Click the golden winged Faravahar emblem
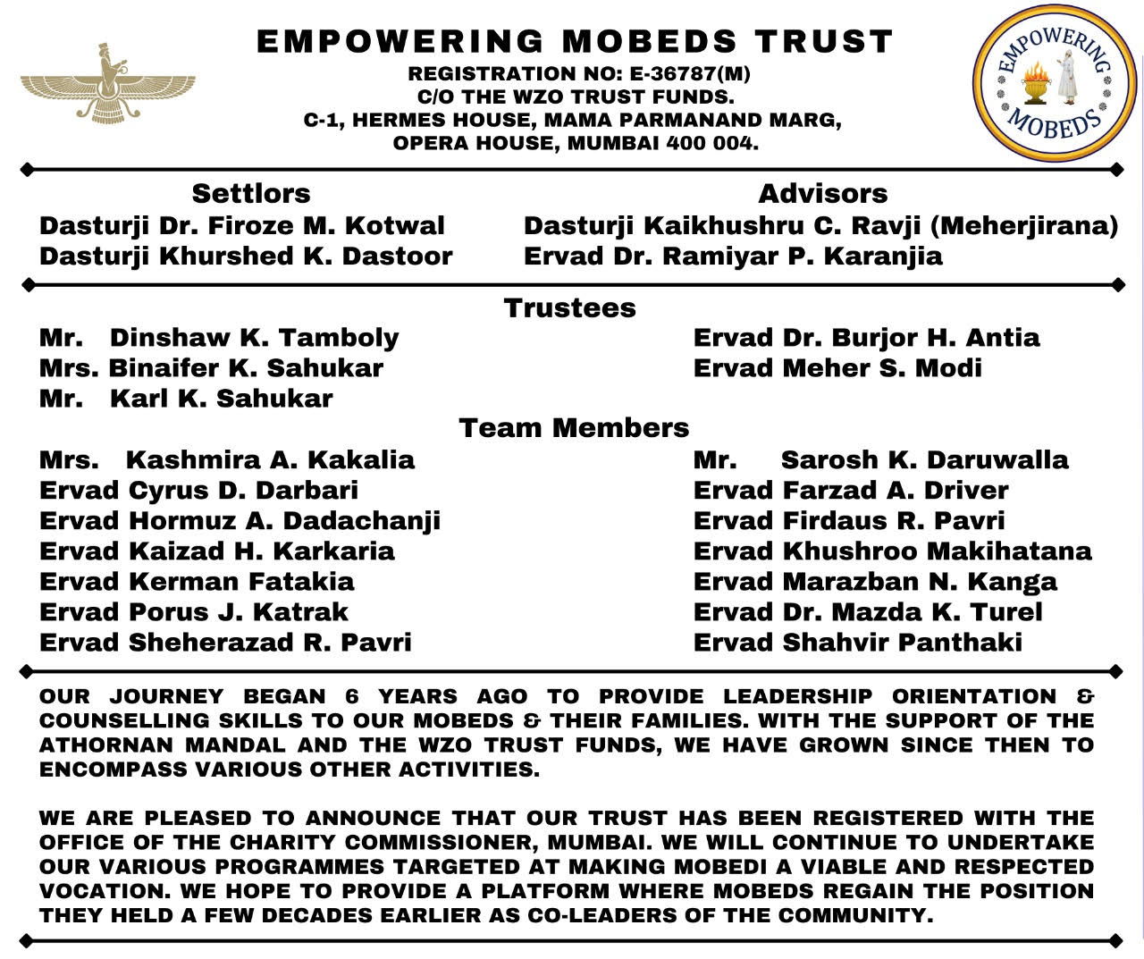pos(107,84)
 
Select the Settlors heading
pos(251,194)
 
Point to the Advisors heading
pos(822,194)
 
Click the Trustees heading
pos(570,308)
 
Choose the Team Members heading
pos(574,428)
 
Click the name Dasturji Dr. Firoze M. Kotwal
pos(241,225)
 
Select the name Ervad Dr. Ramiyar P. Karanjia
pos(733,257)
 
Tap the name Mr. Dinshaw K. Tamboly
pos(219,338)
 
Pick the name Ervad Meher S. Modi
pos(837,368)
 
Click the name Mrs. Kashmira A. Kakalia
pos(227,460)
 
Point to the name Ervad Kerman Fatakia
pos(197,582)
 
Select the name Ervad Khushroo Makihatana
pos(892,551)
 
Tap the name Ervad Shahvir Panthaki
pos(858,643)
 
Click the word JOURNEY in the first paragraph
pos(166,696)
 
